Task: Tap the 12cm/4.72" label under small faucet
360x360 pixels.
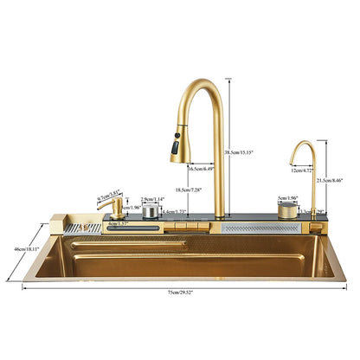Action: (x=301, y=171)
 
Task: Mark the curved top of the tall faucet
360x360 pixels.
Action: (x=204, y=87)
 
